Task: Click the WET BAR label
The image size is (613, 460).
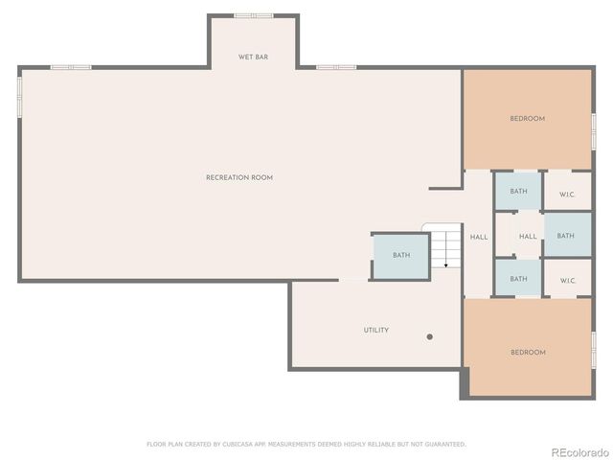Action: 253,57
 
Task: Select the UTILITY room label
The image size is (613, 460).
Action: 375,330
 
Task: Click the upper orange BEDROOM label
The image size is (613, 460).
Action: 527,119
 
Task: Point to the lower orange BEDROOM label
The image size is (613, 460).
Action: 527,352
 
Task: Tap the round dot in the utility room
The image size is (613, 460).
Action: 429,336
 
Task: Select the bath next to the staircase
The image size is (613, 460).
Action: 400,255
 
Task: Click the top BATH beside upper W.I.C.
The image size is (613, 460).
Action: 518,191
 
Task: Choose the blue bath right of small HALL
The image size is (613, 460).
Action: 566,236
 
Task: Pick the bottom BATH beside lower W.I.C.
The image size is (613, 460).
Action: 518,279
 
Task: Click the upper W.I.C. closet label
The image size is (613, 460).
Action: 567,195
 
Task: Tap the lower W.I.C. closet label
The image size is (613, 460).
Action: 567,281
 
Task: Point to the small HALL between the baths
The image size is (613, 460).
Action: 528,237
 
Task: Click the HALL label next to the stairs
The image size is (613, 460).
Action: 479,237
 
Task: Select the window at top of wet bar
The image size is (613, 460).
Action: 253,15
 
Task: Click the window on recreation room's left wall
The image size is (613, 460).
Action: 19,97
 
